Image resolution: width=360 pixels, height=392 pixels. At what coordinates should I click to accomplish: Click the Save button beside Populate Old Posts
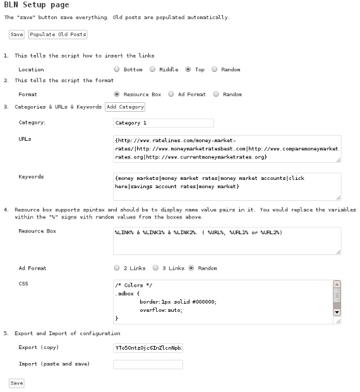tap(16, 34)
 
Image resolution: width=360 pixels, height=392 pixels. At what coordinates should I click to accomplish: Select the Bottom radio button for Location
tap(117, 69)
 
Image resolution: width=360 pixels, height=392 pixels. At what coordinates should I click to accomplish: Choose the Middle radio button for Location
tap(153, 69)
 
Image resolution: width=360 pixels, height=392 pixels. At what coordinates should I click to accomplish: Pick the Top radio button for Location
tap(189, 69)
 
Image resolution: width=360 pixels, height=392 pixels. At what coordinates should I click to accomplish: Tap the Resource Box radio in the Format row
tap(117, 94)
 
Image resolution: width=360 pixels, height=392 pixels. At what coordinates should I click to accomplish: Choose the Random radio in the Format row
tap(216, 94)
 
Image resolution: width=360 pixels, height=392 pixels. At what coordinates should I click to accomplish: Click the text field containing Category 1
tap(163, 123)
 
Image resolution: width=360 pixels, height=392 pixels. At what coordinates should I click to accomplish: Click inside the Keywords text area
tap(227, 187)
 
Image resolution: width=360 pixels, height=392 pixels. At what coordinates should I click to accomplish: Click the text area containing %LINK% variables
tap(227, 241)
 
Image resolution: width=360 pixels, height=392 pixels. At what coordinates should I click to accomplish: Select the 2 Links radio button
tap(117, 268)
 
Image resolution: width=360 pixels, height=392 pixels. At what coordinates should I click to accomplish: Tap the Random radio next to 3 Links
tap(191, 268)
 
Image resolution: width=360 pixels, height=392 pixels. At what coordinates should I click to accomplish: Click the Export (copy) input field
tap(148, 347)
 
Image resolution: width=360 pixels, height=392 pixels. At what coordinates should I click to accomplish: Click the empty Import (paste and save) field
tap(148, 364)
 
